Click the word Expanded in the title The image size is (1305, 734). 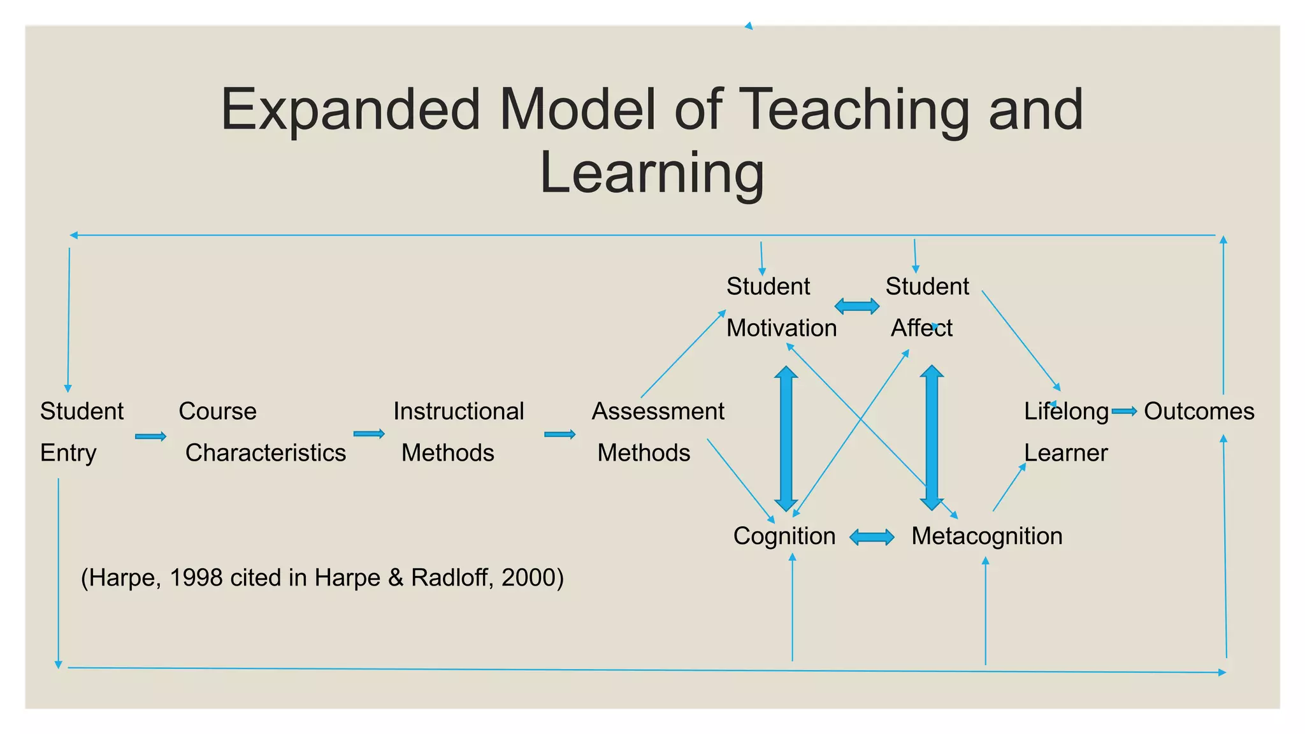coord(350,110)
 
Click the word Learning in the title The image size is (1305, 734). coord(651,173)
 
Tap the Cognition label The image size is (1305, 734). coord(784,536)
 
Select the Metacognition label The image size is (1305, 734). coord(986,536)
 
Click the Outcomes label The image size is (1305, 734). coord(1199,411)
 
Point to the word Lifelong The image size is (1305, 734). coord(1065,412)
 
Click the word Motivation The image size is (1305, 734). coord(781,328)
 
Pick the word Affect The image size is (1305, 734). coord(921,328)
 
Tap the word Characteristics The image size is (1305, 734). coord(265,452)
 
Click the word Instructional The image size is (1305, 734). coord(458,411)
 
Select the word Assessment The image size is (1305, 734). coord(658,411)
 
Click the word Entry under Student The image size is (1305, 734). coord(68,452)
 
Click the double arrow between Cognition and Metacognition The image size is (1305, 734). coord(872,537)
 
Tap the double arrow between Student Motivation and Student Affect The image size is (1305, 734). coord(857,306)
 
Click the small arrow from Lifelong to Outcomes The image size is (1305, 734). coord(1124,412)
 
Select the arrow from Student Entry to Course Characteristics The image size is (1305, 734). coord(150,436)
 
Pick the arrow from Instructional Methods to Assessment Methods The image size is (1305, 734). coord(559,435)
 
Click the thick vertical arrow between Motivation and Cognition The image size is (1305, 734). coord(786,438)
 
